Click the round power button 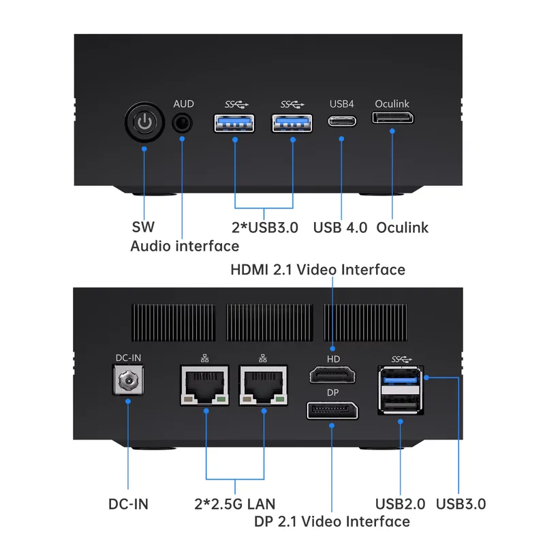click(144, 123)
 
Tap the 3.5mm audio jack click(182, 123)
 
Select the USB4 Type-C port click(342, 121)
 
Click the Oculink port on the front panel click(393, 118)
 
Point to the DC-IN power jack click(128, 380)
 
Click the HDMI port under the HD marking click(332, 375)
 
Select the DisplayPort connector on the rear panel click(332, 411)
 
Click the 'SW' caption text click(143, 227)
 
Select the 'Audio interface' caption click(185, 246)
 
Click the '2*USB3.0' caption click(265, 228)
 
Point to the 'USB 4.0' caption click(340, 228)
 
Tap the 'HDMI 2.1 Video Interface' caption click(317, 270)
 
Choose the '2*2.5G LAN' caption click(235, 504)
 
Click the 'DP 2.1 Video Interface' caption click(332, 521)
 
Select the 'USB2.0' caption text click(400, 504)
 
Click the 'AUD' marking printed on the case click(183, 104)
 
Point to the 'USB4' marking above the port click(342, 104)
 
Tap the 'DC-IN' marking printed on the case click(128, 358)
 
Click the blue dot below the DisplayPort click(332, 425)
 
